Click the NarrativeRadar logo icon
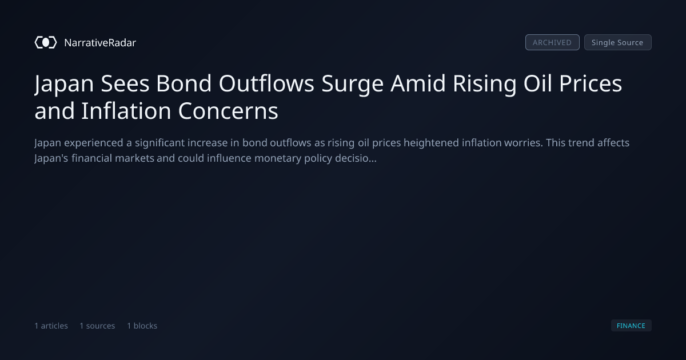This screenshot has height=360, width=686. coord(46,42)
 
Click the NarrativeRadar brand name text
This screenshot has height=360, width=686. coord(100,43)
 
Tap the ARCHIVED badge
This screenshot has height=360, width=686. coord(552,42)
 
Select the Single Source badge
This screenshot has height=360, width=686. coord(618,42)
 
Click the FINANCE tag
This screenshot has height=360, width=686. coord(631,325)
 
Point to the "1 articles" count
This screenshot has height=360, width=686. coord(51,326)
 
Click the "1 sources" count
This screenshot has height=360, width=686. coord(97,326)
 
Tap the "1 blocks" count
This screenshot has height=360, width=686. coord(142,326)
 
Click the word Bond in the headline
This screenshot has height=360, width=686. coord(184,83)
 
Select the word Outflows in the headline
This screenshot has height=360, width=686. coord(266,83)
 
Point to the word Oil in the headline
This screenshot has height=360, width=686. coord(538,83)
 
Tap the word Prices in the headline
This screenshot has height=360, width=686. coord(591,83)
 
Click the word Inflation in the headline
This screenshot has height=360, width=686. coord(126,111)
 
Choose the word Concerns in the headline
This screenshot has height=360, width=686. coord(228,111)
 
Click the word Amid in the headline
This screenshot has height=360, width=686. coord(418,83)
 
